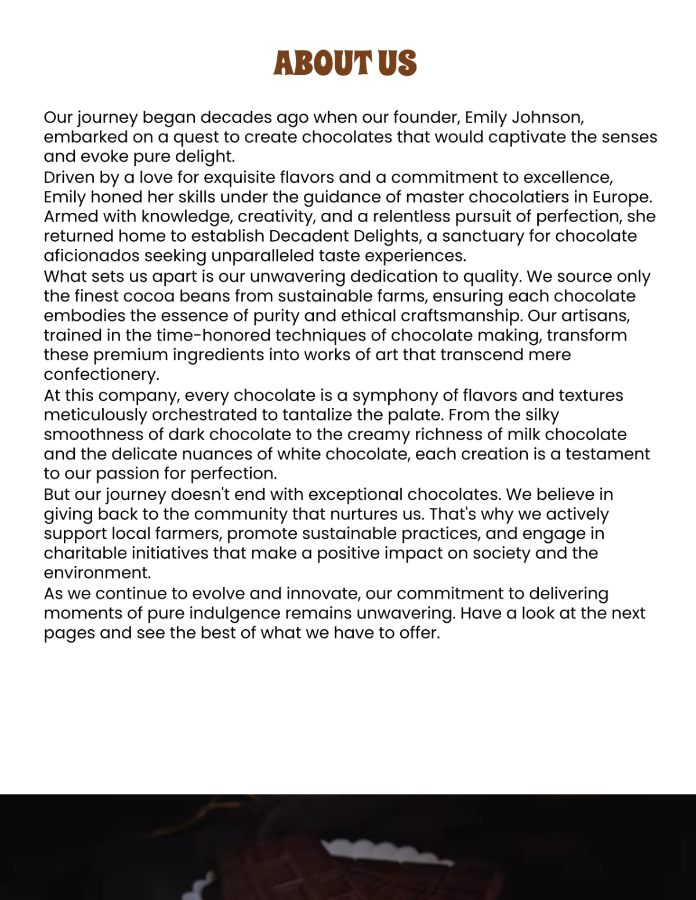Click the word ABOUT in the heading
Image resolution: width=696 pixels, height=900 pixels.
(x=322, y=63)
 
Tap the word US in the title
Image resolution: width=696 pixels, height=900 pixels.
(x=397, y=63)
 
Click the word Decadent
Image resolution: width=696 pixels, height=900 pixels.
(x=305, y=237)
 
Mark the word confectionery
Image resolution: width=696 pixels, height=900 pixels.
(x=101, y=375)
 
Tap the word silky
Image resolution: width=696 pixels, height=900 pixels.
(x=542, y=415)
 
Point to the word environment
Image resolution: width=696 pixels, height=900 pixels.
(x=97, y=573)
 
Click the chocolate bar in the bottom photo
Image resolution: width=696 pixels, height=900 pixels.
(x=371, y=870)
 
